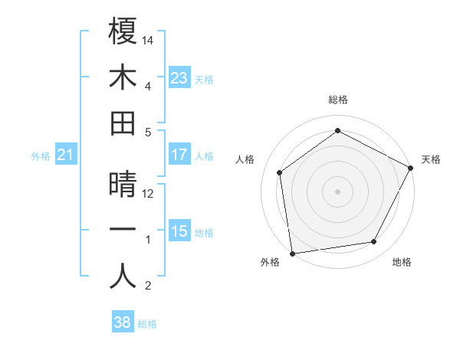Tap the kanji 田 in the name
123,123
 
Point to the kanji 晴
123,185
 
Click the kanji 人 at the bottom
123,277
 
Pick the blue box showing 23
179,77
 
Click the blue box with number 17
179,155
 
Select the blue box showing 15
179,231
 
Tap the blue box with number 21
66,155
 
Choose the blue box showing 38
123,322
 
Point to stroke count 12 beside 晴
149,193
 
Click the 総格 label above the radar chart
337,100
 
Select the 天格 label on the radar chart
431,159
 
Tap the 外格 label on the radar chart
270,262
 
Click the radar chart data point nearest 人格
280,172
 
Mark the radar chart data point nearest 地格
374,242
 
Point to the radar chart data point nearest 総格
337,130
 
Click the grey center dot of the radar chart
337,191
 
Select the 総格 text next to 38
147,324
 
